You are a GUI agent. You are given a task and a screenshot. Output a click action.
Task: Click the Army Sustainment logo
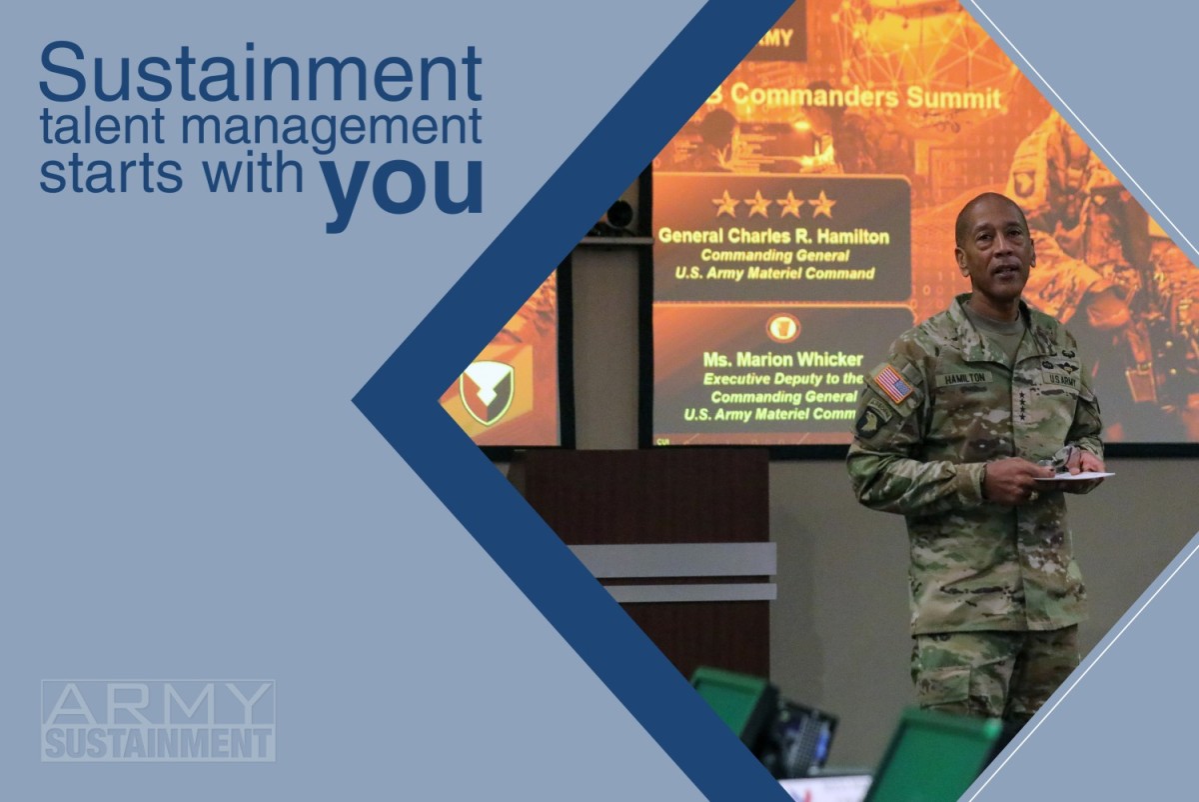pyautogui.click(x=158, y=720)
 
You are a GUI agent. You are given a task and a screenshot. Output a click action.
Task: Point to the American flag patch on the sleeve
pyautogui.click(x=891, y=383)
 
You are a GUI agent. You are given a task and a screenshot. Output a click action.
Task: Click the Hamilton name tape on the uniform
pyautogui.click(x=963, y=379)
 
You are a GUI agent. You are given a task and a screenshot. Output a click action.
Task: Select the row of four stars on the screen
pyautogui.click(x=773, y=204)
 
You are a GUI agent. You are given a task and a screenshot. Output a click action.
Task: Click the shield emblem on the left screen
pyautogui.click(x=487, y=393)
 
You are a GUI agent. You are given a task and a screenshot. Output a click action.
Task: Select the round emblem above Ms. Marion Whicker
pyautogui.click(x=782, y=328)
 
